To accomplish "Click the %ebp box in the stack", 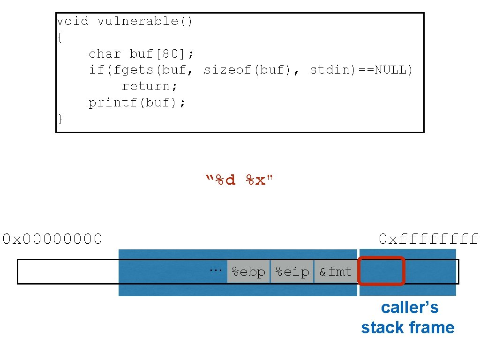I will click(x=248, y=271).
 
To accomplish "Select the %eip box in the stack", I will click(x=292, y=271).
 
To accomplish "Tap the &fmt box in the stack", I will click(x=335, y=271).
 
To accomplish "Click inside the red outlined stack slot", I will click(x=381, y=271).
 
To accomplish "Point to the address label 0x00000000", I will click(x=52, y=239).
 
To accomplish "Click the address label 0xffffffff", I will click(x=428, y=239).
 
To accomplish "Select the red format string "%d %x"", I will click(x=239, y=180).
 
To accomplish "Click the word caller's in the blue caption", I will click(x=409, y=307).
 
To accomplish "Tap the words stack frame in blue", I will click(x=407, y=327).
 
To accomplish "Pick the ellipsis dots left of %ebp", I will click(x=215, y=269).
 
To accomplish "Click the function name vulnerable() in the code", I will click(x=144, y=22).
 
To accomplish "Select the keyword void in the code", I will click(x=72, y=22).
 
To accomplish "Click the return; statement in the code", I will click(x=150, y=86).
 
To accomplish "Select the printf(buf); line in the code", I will click(x=137, y=103).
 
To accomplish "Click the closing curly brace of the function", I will click(x=60, y=119).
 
